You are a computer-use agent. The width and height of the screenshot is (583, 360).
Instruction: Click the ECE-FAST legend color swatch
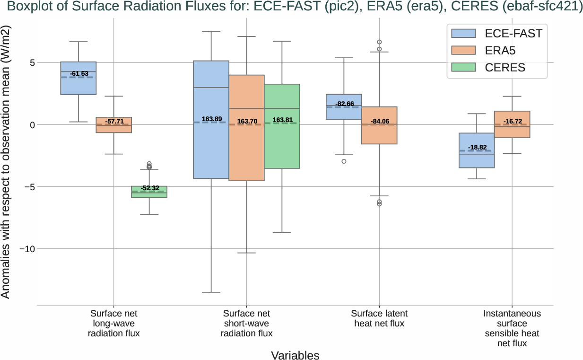click(464, 33)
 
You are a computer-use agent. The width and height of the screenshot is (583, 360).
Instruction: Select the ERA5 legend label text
click(500, 51)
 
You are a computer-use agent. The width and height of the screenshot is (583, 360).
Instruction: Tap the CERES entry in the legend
click(505, 68)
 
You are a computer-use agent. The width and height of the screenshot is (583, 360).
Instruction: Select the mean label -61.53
click(78, 74)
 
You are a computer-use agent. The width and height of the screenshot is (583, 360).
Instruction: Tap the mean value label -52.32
click(150, 188)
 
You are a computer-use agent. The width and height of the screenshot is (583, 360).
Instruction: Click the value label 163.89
click(211, 119)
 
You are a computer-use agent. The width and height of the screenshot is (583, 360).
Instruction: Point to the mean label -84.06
click(379, 122)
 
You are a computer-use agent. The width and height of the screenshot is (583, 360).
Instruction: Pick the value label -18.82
click(477, 147)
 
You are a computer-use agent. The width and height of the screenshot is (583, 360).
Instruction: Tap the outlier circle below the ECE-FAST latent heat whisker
click(344, 161)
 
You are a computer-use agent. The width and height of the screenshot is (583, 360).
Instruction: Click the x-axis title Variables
click(295, 355)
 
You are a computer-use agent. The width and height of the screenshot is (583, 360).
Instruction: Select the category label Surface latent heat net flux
click(379, 318)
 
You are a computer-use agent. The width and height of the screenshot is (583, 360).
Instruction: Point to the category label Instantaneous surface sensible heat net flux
click(512, 328)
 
